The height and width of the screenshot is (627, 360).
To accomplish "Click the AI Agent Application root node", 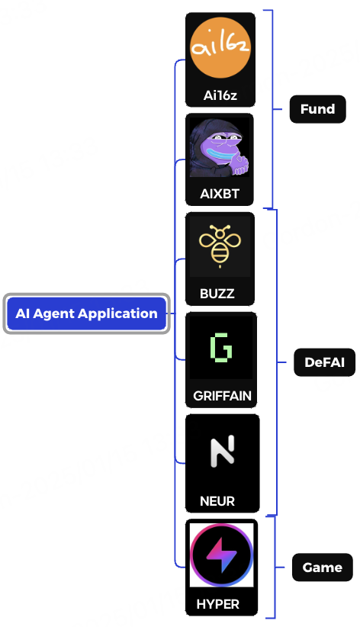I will (x=86, y=313).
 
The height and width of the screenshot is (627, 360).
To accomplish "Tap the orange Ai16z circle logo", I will (x=220, y=50).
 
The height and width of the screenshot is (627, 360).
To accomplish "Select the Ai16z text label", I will (x=220, y=96).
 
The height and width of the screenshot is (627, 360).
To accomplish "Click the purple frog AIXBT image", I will (x=220, y=148).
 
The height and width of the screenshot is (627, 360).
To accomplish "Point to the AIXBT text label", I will (x=220, y=194).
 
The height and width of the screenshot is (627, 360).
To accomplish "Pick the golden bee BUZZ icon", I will (x=220, y=246).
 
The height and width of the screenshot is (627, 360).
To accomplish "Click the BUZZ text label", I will (x=217, y=293).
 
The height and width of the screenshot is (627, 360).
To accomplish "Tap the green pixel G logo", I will (x=221, y=348).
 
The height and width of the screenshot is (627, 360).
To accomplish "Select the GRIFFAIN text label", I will (x=222, y=396).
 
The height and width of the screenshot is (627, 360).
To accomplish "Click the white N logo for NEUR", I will (x=222, y=452).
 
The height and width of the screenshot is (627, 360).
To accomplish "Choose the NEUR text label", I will (x=217, y=501).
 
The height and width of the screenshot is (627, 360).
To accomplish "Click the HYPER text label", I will (x=217, y=604).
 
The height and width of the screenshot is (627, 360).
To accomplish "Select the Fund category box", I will (x=317, y=109).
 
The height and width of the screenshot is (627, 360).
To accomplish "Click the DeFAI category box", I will (x=325, y=363).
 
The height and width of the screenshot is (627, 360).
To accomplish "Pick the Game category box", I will (x=322, y=568).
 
